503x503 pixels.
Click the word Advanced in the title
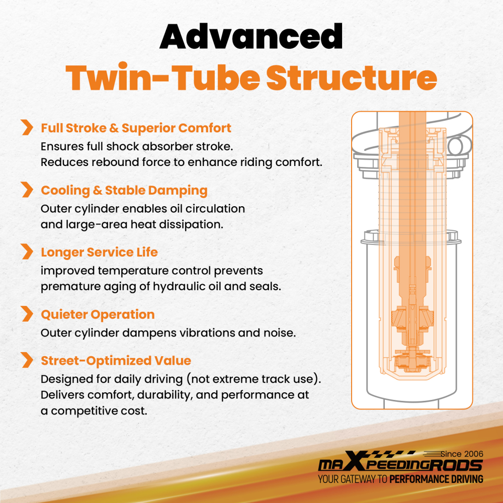pyautogui.click(x=251, y=36)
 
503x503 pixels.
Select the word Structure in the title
pyautogui.click(x=352, y=78)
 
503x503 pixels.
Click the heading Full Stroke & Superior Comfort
pyautogui.click(x=136, y=128)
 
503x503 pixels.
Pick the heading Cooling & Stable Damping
pyautogui.click(x=124, y=191)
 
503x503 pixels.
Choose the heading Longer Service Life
pyautogui.click(x=100, y=252)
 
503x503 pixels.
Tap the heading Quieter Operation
pyautogui.click(x=98, y=314)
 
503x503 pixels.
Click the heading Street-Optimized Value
pyautogui.click(x=116, y=361)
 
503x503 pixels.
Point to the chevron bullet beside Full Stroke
pyautogui.click(x=27, y=127)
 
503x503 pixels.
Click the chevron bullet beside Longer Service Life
pyautogui.click(x=27, y=251)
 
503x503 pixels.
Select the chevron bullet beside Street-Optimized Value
pyautogui.click(x=27, y=360)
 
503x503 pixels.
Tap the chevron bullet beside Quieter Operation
pyautogui.click(x=27, y=313)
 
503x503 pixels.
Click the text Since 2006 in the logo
pyautogui.click(x=462, y=454)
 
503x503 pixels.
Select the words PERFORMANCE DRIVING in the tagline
pyautogui.click(x=436, y=479)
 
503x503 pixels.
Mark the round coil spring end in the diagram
pyautogui.click(x=455, y=147)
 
